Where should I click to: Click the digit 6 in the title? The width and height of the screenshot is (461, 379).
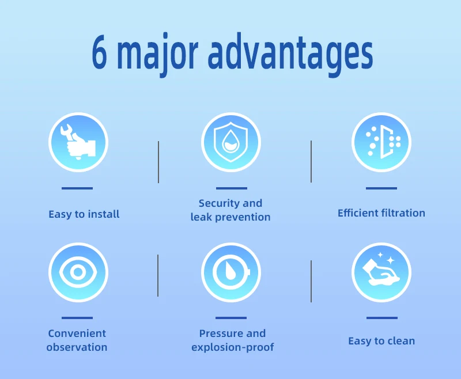[x=99, y=52]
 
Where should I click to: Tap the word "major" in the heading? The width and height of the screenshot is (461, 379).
[x=157, y=54]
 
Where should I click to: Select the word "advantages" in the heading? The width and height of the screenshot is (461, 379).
[x=290, y=54]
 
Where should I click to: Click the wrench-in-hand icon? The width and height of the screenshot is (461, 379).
[x=78, y=142]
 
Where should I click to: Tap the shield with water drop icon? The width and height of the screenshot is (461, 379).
[x=231, y=142]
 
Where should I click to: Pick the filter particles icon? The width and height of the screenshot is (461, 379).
[x=381, y=142]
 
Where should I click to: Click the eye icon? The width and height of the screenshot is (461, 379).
[x=78, y=272]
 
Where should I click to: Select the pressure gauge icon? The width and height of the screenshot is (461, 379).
[x=231, y=272]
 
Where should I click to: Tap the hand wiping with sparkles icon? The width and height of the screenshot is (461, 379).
[x=381, y=272]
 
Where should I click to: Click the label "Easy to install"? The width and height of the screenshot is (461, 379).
[x=84, y=214]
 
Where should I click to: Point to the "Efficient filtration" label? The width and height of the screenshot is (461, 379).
[x=381, y=213]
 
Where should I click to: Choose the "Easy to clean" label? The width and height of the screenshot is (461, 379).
[x=381, y=341]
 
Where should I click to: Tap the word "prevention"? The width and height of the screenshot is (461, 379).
[x=243, y=217]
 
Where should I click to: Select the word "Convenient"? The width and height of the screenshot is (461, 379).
[x=77, y=333]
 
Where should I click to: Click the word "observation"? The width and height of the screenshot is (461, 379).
[x=77, y=347]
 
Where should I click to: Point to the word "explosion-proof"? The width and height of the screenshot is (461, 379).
[x=233, y=347]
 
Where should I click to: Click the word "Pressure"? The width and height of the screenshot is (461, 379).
[x=221, y=333]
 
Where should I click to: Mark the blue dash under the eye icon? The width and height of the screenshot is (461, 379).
[x=77, y=318]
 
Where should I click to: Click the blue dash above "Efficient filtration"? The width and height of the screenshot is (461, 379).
[x=381, y=188]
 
